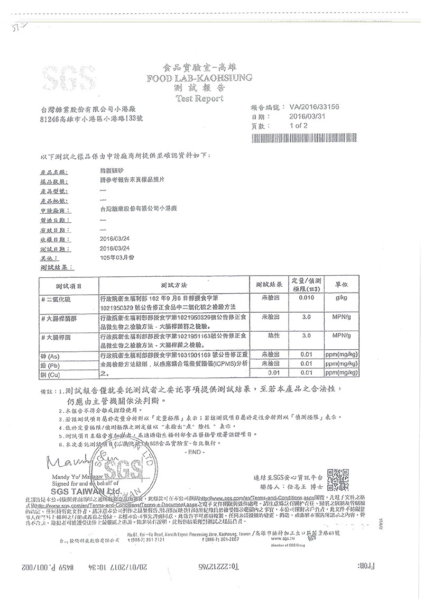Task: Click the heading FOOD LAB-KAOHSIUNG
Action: click(200, 77)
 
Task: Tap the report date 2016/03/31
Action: click(310, 116)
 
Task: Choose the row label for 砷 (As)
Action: click(52, 355)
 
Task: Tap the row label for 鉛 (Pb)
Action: click(52, 364)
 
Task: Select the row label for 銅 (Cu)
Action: click(52, 373)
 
